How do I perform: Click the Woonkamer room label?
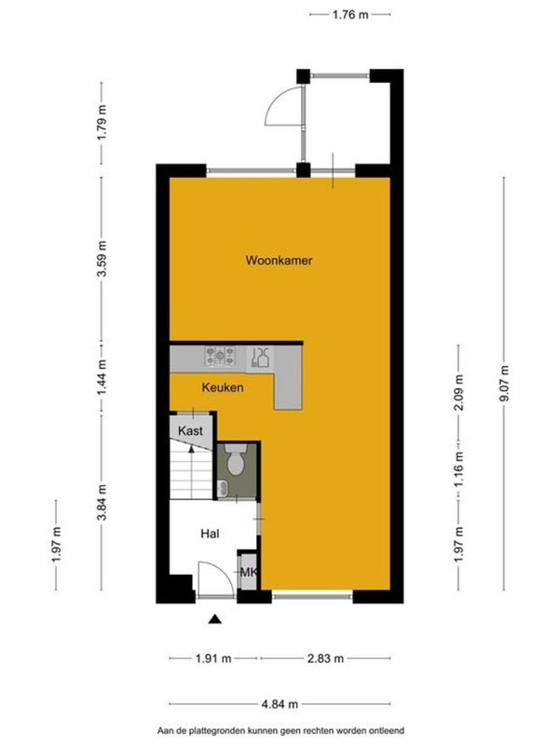(279, 261)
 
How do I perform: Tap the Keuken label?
(223, 387)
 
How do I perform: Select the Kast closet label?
(190, 431)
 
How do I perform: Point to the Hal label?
(211, 534)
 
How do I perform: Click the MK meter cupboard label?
(248, 572)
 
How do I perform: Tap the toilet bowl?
(235, 460)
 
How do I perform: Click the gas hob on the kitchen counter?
(220, 356)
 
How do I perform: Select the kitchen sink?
(260, 357)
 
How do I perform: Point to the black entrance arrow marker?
(215, 618)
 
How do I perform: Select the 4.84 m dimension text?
(279, 704)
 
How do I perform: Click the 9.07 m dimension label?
(504, 383)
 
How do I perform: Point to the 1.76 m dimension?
(350, 15)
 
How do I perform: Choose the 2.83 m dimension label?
(325, 658)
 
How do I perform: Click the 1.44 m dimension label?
(102, 379)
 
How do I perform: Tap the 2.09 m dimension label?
(458, 393)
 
